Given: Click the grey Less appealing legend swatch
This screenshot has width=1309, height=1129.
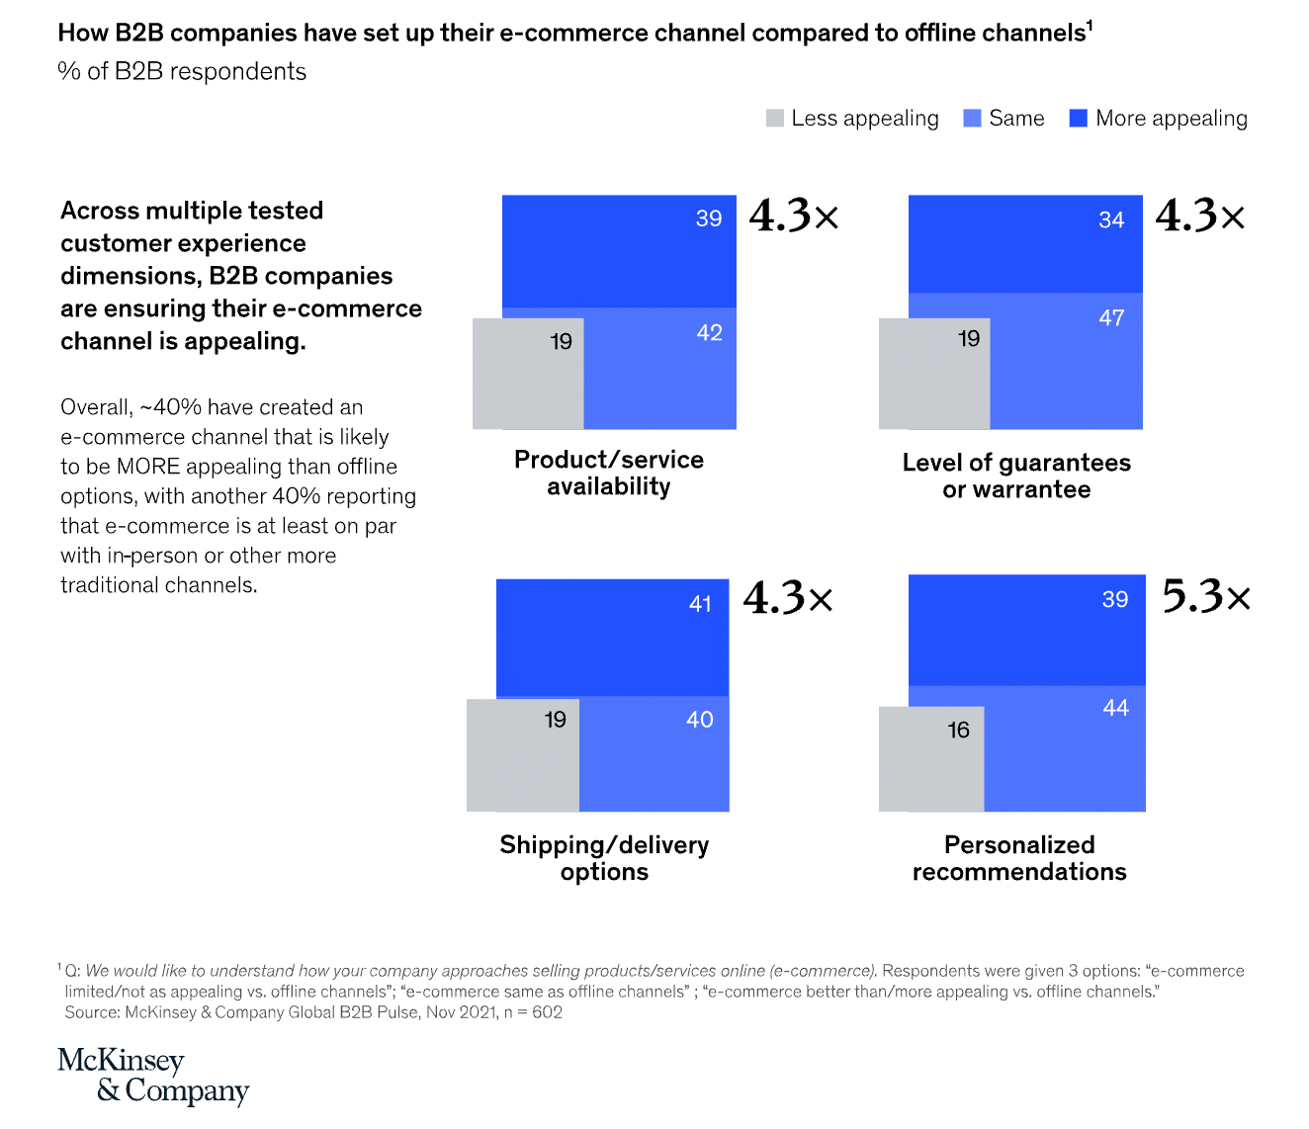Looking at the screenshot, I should pyautogui.click(x=775, y=119).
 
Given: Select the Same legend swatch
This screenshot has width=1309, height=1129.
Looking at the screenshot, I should pyautogui.click(x=973, y=119).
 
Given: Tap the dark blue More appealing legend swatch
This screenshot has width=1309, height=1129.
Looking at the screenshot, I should pyautogui.click(x=1079, y=119).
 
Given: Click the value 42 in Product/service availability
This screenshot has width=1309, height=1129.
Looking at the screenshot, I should pyautogui.click(x=709, y=333).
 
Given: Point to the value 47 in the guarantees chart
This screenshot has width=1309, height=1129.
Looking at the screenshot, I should pyautogui.click(x=1111, y=318).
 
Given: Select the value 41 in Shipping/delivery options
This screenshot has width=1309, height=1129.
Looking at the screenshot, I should pyautogui.click(x=700, y=604).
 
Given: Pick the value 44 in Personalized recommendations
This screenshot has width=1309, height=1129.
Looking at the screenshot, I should pyautogui.click(x=1115, y=708).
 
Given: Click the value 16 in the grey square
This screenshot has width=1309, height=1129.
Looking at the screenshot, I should pyautogui.click(x=958, y=731).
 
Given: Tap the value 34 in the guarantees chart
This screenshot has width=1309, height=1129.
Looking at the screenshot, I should pyautogui.click(x=1111, y=220).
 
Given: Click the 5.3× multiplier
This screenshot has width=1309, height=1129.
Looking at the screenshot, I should pyautogui.click(x=1206, y=597).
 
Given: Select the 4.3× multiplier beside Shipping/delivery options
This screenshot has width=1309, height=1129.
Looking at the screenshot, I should pyautogui.click(x=788, y=598).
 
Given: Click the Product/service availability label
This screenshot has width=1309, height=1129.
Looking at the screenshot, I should pyautogui.click(x=609, y=474).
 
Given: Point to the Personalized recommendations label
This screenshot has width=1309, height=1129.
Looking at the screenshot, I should pyautogui.click(x=1019, y=858).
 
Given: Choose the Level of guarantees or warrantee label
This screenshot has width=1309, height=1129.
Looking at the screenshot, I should pyautogui.click(x=1016, y=477).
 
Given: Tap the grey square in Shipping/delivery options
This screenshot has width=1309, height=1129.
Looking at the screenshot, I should pyautogui.click(x=522, y=756).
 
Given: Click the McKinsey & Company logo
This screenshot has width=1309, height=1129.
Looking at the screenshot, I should pyautogui.click(x=153, y=1075).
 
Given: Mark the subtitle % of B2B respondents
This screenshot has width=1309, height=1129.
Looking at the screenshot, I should pyautogui.click(x=182, y=72).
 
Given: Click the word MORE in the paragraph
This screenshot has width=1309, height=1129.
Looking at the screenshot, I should pyautogui.click(x=148, y=467).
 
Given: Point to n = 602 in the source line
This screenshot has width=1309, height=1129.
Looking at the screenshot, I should pyautogui.click(x=534, y=1012).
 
